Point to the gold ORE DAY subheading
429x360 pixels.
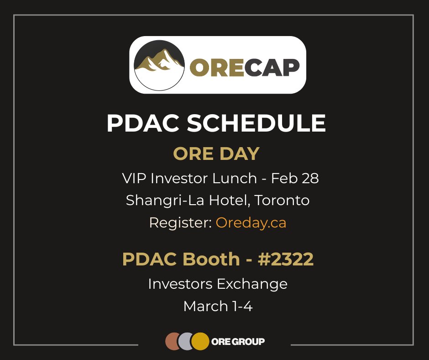click(x=216, y=154)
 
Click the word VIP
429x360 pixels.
click(x=133, y=178)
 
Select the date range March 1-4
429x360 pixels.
click(x=218, y=306)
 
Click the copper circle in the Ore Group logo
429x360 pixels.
click(x=172, y=341)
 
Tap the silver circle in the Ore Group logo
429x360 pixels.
click(x=185, y=341)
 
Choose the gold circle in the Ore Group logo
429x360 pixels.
click(x=199, y=341)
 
